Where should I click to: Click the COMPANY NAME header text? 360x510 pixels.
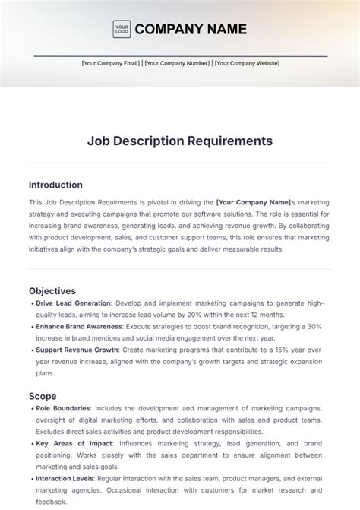pos(191,30)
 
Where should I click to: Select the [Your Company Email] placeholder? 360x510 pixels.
pos(111,64)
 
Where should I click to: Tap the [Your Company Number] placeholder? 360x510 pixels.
pos(178,64)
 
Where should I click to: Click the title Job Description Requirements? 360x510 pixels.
pos(179,141)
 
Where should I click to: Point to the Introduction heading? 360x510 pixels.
pos(55,185)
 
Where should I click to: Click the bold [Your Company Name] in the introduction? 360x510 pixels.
pos(254,202)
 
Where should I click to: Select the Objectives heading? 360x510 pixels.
pos(52,290)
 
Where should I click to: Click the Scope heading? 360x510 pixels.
pos(43,396)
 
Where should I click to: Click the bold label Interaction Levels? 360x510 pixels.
pos(65,479)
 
